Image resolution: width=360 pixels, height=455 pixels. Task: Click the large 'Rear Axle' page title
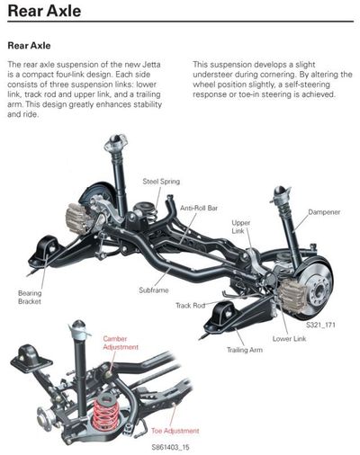[44, 11]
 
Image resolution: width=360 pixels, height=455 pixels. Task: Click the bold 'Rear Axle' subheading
[29, 46]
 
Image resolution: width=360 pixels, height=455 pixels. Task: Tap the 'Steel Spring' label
[161, 182]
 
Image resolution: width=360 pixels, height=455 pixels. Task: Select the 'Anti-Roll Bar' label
[199, 208]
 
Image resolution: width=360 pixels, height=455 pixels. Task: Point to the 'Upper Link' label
[240, 227]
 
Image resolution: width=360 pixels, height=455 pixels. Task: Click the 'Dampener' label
[324, 212]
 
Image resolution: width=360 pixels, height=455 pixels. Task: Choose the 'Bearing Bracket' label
[30, 297]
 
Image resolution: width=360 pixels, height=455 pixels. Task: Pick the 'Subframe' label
[154, 290]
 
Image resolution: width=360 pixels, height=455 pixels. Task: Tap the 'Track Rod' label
[191, 306]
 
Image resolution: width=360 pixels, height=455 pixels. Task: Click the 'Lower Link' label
[289, 339]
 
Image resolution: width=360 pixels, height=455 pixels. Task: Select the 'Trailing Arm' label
[245, 350]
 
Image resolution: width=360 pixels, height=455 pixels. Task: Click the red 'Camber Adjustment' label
[121, 343]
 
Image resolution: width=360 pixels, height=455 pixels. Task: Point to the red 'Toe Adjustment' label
[175, 431]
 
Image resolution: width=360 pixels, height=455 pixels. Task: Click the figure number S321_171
[320, 325]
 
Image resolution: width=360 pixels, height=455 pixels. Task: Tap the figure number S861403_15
[170, 447]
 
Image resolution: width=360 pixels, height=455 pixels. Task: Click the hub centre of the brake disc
[318, 290]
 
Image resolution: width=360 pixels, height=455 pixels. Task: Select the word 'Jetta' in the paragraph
[151, 65]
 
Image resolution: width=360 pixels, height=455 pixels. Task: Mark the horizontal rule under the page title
[181, 22]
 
